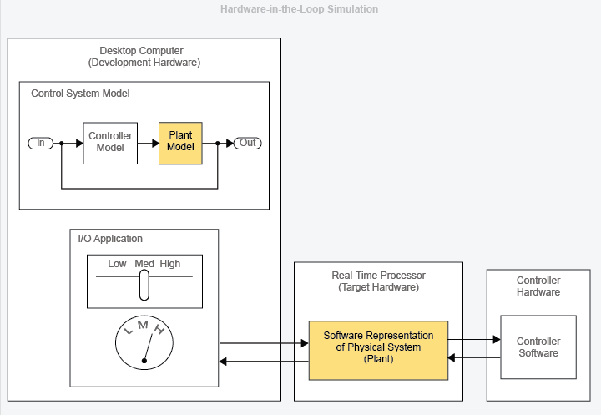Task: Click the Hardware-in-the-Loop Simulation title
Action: pos(299,9)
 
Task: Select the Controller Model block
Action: pos(110,143)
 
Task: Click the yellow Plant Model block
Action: pos(180,142)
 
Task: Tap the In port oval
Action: pos(40,143)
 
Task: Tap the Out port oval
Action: pos(248,143)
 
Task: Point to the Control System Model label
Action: pos(80,94)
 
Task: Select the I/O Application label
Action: pos(110,239)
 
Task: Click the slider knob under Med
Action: pos(144,286)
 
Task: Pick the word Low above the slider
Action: pos(117,264)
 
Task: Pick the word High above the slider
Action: pos(170,264)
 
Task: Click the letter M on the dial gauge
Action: pos(143,324)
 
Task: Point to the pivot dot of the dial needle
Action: pos(144,361)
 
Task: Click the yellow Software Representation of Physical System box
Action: pos(378,347)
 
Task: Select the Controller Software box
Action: pos(538,347)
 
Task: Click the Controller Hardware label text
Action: pos(538,286)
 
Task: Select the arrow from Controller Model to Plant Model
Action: pos(147,143)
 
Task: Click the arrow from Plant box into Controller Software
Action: pos(474,340)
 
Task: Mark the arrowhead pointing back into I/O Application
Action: pos(223,361)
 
